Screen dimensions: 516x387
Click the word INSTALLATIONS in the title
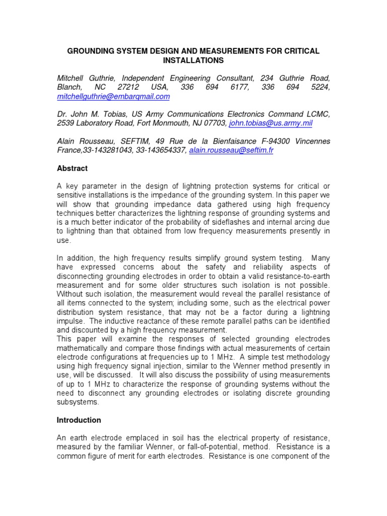tap(193, 60)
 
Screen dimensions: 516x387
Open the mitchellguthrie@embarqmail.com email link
tap(113, 96)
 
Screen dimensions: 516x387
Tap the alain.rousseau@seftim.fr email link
tap(231, 150)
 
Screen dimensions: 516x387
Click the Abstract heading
tap(72, 168)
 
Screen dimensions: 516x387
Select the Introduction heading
tap(79, 420)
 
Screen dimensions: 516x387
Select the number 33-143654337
tap(161, 150)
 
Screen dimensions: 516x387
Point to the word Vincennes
tap(312, 141)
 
